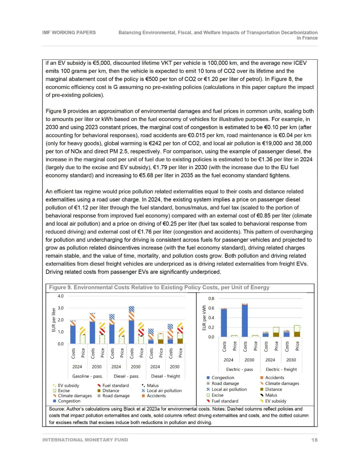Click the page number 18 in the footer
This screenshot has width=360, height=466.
point(314,440)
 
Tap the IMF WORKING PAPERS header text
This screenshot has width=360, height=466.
point(69,32)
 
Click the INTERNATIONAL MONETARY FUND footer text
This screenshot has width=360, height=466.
point(85,440)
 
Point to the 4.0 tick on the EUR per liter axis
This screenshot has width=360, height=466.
point(60,296)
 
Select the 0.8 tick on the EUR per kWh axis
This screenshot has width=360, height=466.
point(211,299)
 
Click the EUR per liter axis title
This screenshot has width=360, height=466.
point(54,320)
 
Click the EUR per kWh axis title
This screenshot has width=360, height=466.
point(204,318)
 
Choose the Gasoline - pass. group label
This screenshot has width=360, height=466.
point(87,376)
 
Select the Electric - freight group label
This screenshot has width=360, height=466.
point(281,370)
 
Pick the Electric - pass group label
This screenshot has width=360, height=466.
point(239,370)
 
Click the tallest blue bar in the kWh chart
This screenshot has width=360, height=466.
point(245,320)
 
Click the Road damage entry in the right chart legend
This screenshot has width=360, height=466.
point(225,384)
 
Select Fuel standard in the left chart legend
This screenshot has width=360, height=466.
point(115,386)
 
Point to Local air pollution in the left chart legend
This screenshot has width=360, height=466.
point(164,391)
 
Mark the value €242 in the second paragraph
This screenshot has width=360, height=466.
point(156,143)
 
